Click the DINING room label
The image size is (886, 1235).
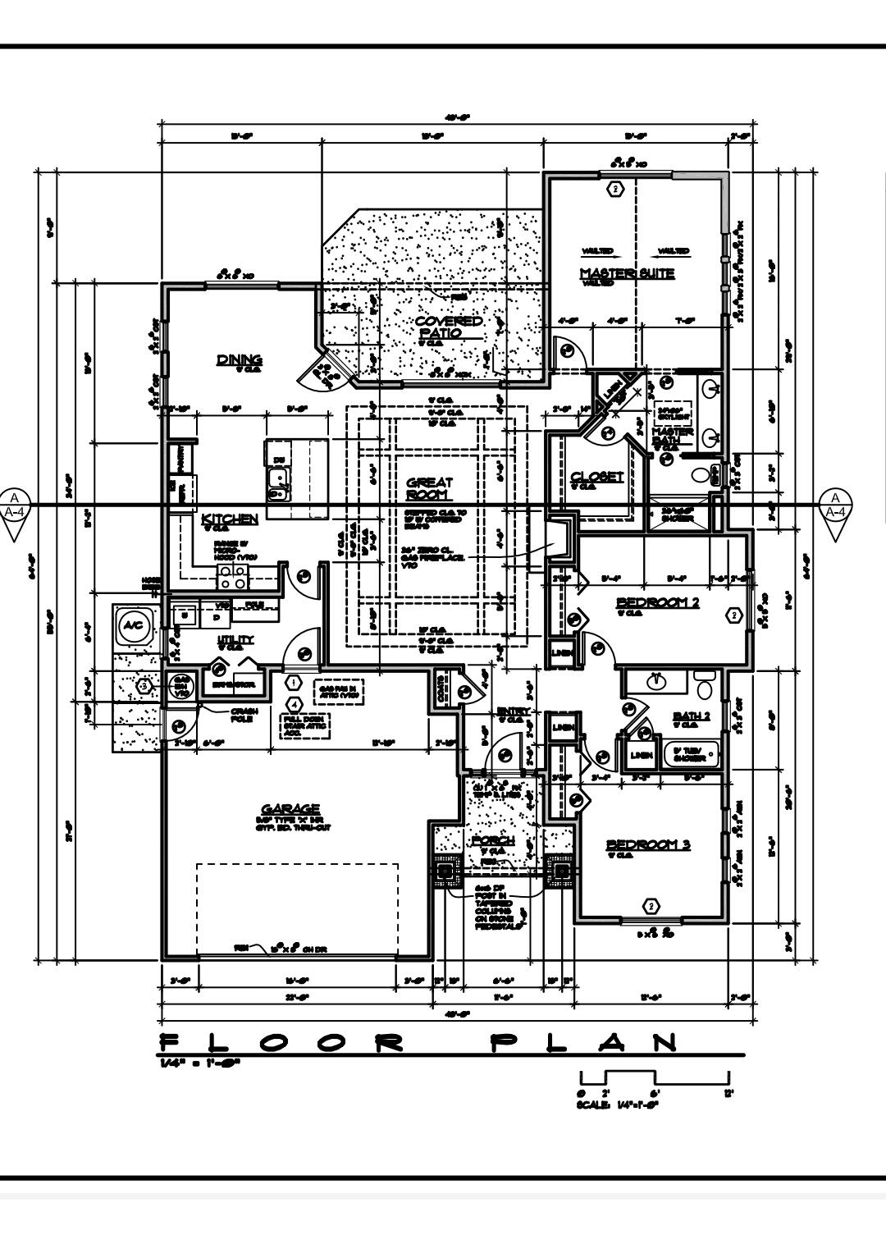(239, 359)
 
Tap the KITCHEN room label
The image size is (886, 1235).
(230, 519)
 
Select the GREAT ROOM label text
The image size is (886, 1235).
(429, 489)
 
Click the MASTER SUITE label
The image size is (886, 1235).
(627, 273)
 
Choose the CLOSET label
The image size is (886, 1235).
(596, 477)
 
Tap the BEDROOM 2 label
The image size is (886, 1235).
(657, 602)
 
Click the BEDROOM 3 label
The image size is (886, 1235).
(648, 844)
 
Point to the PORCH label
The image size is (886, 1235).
(493, 841)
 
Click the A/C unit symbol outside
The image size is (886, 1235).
(131, 626)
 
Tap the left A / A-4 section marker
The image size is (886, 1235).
(15, 511)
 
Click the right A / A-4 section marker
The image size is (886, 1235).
(835, 511)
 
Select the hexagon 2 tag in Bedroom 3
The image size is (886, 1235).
(651, 906)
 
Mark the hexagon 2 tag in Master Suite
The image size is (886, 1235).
(614, 189)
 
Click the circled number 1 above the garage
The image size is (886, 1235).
(293, 681)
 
